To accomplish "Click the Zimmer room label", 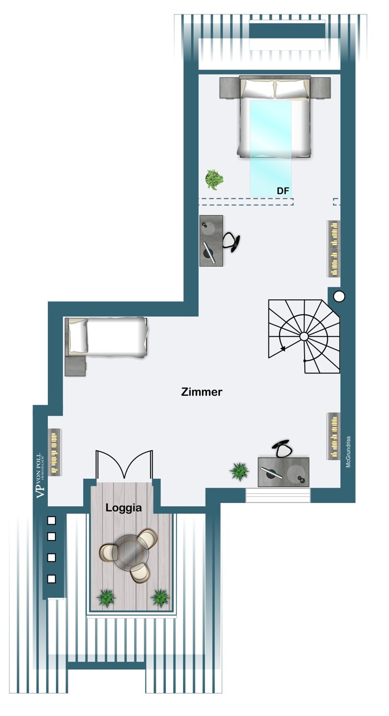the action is coord(202,392).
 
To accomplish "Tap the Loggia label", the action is coord(123,508).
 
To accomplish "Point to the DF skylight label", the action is coord(283,191).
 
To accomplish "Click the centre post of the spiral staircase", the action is coord(304,336).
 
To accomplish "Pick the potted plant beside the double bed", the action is coord(214,179).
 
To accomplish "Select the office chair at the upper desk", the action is coord(232,242).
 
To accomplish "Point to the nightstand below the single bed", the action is coord(75,366).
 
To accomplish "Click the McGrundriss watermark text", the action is coord(348,452).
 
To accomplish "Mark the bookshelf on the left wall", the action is coord(54,452).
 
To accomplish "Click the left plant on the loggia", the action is coord(106,598).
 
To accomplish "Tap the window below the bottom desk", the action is coord(278,495).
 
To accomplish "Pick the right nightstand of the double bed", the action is coord(320,88).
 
